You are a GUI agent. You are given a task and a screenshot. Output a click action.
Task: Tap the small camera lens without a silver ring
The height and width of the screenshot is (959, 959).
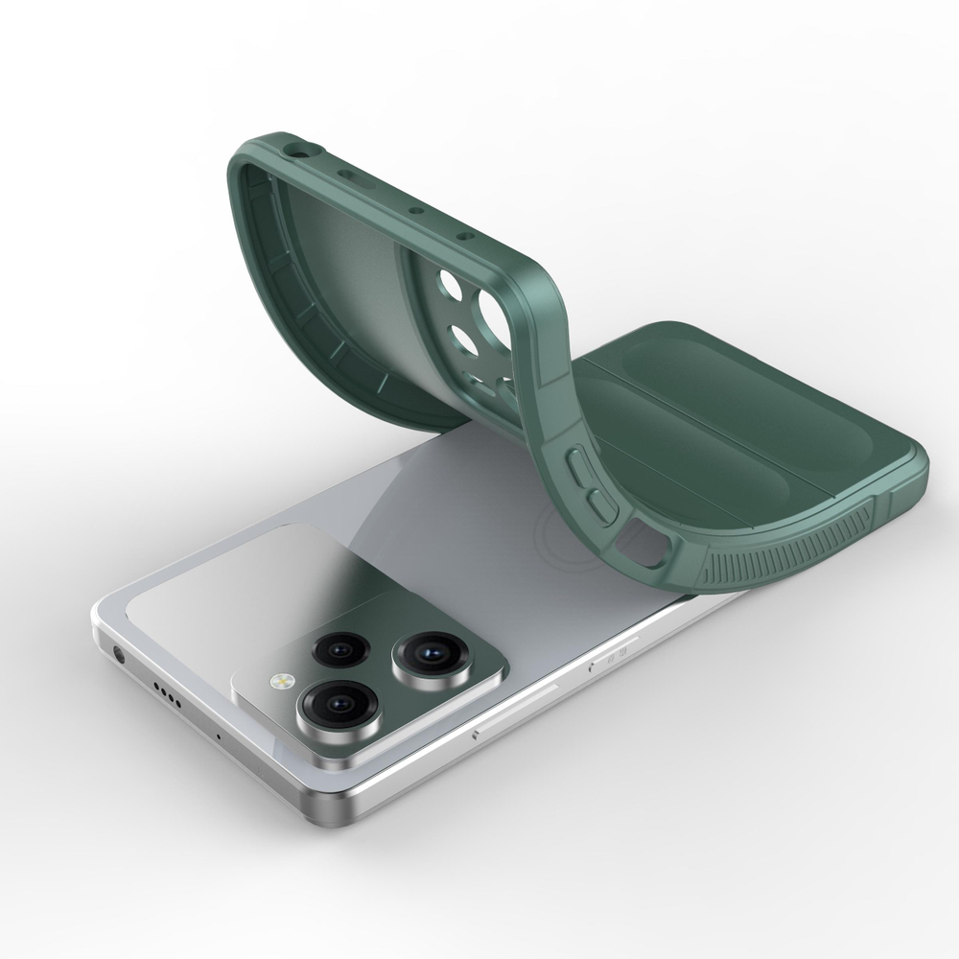tap(337, 651)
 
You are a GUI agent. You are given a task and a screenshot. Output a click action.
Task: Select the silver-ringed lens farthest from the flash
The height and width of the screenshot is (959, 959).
tap(423, 654)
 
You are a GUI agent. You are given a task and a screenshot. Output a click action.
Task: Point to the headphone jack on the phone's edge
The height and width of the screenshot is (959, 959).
tap(119, 656)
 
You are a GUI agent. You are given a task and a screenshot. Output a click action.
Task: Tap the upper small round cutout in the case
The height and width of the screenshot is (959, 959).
tap(449, 286)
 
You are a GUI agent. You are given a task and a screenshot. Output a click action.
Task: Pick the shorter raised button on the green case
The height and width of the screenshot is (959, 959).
tap(599, 504)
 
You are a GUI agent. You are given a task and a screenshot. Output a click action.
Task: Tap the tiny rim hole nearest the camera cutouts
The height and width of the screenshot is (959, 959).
tap(464, 234)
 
